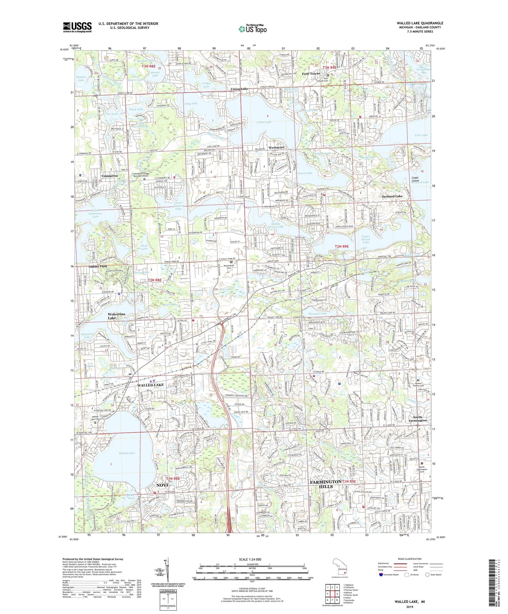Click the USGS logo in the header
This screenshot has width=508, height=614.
click(x=77, y=27)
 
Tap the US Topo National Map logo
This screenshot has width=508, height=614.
click(x=252, y=29)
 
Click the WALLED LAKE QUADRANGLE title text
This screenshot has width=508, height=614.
click(x=420, y=23)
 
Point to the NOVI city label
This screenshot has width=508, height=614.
click(x=162, y=485)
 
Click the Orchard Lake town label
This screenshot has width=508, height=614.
click(x=392, y=196)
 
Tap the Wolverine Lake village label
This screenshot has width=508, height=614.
click(x=116, y=316)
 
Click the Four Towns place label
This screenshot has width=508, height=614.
click(x=311, y=73)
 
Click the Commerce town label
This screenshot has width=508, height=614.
click(x=110, y=176)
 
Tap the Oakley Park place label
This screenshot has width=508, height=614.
click(x=98, y=267)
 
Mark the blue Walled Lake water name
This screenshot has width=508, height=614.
click(x=127, y=453)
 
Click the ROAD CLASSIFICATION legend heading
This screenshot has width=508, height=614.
click(x=410, y=559)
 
